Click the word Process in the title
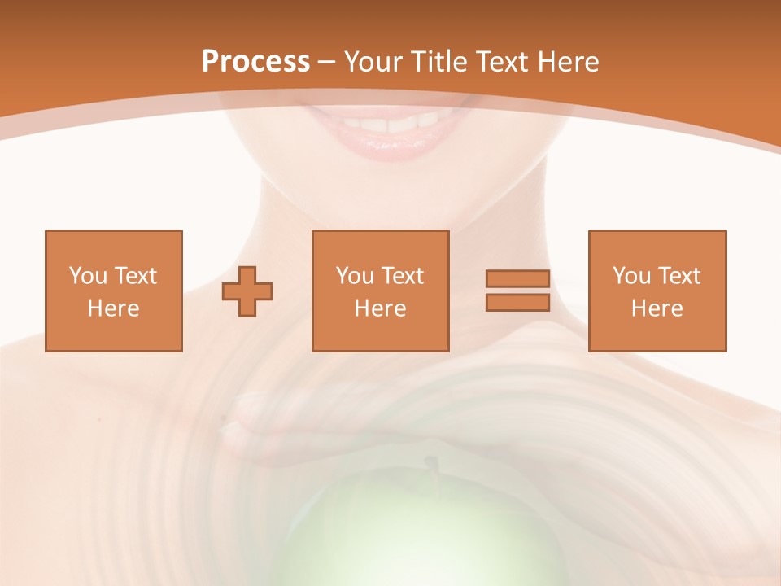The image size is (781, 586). (x=255, y=62)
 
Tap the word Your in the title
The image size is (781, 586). (x=375, y=62)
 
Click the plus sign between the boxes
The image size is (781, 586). (x=247, y=291)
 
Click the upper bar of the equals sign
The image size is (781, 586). (x=517, y=278)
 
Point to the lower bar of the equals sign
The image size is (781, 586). (x=517, y=303)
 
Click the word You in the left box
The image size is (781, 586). (x=89, y=276)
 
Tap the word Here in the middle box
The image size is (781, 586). (x=380, y=308)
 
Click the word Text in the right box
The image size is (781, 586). (x=679, y=276)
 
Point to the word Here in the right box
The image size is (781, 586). (x=657, y=308)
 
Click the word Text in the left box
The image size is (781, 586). (x=135, y=276)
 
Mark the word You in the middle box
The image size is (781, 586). (x=356, y=276)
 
